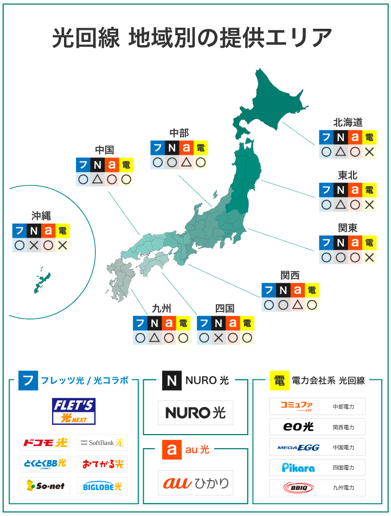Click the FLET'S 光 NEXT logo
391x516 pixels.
click(74, 411)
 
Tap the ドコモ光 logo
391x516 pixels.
click(45, 443)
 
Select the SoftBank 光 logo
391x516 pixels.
click(102, 443)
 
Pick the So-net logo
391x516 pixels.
click(45, 486)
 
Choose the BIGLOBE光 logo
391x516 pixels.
click(102, 486)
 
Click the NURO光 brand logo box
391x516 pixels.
click(196, 412)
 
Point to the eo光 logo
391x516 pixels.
click(299, 427)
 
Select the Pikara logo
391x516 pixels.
click(298, 467)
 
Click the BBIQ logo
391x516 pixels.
click(298, 487)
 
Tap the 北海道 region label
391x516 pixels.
click(348, 122)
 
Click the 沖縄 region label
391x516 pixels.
click(41, 215)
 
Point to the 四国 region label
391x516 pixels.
click(225, 308)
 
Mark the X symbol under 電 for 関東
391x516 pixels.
click(369, 258)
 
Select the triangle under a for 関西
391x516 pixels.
click(297, 305)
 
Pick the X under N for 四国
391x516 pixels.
click(219, 338)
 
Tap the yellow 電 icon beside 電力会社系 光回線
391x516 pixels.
click(279, 380)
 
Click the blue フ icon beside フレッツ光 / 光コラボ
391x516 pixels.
click(28, 380)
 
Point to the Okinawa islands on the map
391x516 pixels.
click(41, 281)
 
